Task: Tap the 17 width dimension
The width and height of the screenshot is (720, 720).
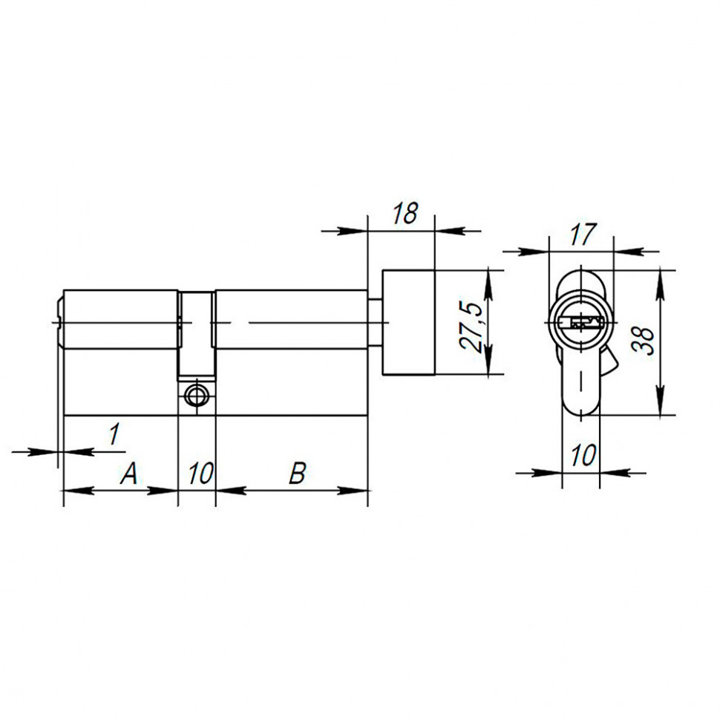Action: pos(583,235)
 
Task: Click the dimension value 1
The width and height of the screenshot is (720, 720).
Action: pos(113,434)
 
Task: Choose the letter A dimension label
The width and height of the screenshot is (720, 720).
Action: pos(129,473)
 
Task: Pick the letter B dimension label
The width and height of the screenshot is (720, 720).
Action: pos(297,473)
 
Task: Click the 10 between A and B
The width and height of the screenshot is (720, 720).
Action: pos(198,473)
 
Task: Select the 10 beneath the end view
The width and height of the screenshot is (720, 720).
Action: pos(583,455)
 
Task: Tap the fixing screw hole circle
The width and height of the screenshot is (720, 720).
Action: pos(197,396)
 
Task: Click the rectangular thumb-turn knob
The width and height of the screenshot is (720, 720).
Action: pos(408,323)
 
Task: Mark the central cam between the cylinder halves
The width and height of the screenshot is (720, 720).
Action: pos(197,334)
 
